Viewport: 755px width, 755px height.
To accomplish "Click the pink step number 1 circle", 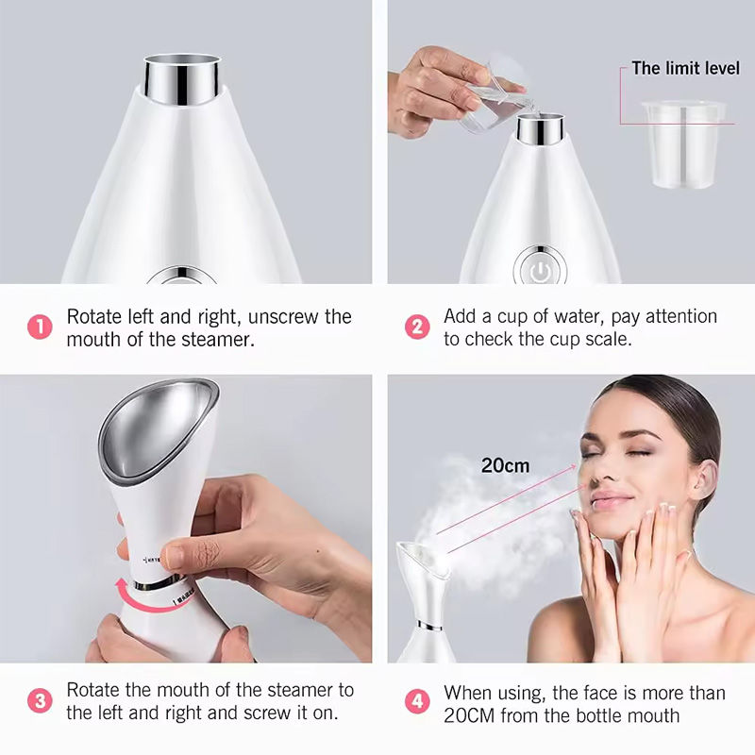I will coord(40,327).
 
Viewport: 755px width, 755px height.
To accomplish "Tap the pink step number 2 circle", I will coord(417,327).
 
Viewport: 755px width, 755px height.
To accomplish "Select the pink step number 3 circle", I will coord(40,701).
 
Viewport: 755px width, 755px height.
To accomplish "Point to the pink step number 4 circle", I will coord(417,701).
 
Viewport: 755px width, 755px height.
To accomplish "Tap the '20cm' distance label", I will coord(505,465).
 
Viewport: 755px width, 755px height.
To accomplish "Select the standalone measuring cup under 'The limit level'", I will coord(682,142).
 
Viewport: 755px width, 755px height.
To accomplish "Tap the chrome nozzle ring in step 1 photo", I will coord(184,77).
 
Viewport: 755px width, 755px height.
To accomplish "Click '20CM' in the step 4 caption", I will coord(471,715).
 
